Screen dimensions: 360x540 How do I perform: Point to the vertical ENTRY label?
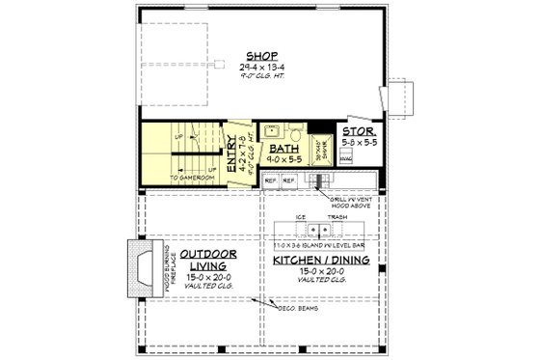pos(231,154)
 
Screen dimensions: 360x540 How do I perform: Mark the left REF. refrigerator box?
pos(270,180)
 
